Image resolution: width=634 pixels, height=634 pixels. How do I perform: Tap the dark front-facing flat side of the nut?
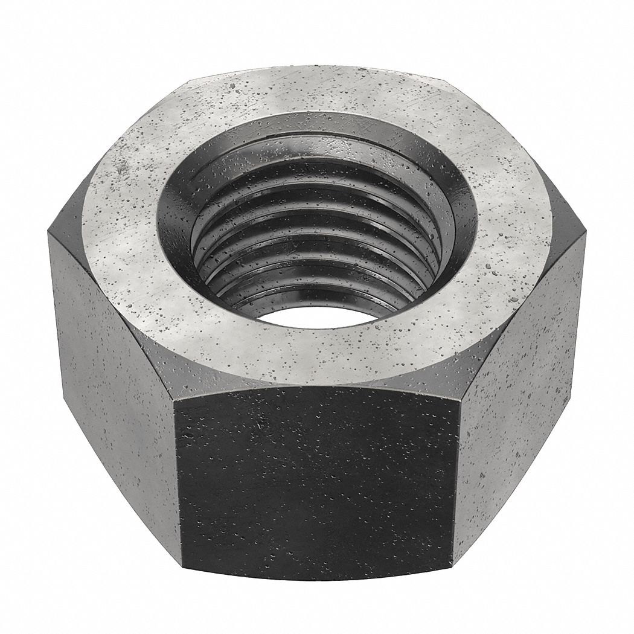[314, 483]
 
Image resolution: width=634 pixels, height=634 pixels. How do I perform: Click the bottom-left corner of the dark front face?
[182, 571]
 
